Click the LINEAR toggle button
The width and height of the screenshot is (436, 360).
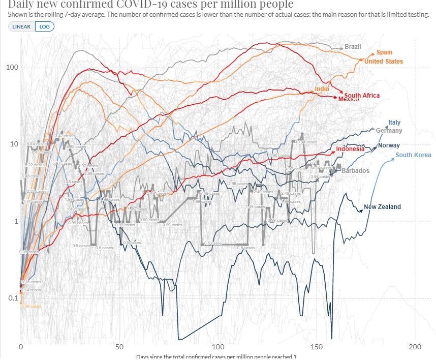21,26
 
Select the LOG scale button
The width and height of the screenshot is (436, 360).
44,26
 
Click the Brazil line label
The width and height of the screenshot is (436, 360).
353,47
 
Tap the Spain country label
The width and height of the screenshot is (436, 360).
384,52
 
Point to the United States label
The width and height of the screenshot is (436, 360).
384,62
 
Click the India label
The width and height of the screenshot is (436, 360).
322,89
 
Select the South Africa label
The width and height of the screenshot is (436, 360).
362,96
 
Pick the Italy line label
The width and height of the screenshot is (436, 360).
394,123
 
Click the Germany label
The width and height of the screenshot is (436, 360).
389,131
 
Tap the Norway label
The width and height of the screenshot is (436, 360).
389,145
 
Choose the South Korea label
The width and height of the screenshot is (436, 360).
413,155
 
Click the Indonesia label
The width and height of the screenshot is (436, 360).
350,149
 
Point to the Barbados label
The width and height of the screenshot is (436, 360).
356,171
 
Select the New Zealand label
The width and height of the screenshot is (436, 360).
382,207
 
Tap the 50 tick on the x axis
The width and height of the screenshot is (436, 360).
119,347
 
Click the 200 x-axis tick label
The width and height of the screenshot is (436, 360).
415,347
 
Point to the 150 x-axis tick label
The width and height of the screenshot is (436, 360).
317,347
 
